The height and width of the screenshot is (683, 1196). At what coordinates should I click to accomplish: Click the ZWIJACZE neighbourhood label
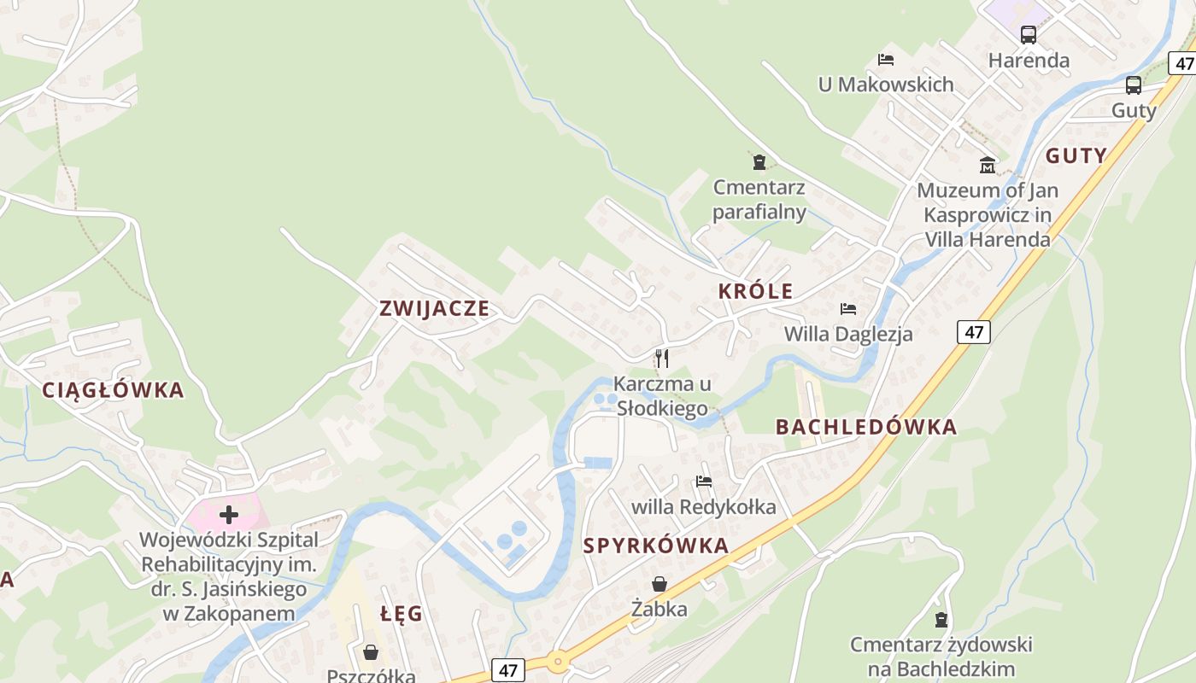tap(435, 308)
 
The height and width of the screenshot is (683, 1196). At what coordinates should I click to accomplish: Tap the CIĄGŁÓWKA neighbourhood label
tap(113, 390)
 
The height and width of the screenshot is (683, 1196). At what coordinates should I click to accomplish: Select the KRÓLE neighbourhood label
tap(755, 291)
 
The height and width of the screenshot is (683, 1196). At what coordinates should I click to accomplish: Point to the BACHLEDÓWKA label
tap(866, 427)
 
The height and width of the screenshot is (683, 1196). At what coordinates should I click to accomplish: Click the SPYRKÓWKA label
tap(656, 546)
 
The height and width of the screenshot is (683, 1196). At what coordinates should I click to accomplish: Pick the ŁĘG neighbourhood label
tap(402, 613)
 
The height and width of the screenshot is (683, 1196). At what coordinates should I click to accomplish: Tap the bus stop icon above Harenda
tap(1029, 35)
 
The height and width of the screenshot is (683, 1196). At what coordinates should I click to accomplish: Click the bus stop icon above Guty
tap(1134, 85)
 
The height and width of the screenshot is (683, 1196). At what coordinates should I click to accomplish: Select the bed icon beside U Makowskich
tap(886, 60)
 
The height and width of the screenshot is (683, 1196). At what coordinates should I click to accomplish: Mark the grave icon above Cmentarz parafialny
tap(759, 161)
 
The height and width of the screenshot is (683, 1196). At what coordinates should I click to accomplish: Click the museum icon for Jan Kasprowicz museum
tap(988, 165)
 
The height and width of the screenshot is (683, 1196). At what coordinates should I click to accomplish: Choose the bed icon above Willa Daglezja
tap(848, 308)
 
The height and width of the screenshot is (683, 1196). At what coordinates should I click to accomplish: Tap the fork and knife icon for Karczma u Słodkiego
tap(662, 358)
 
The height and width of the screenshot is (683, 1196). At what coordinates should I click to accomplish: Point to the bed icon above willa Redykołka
tap(704, 482)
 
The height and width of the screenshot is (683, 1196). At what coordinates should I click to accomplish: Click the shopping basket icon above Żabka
tap(660, 584)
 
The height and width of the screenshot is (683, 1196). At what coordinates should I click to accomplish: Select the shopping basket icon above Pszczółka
tap(371, 652)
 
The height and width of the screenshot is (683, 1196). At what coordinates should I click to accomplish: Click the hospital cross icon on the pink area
tap(229, 514)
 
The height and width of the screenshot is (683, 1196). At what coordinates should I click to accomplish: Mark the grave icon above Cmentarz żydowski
tap(941, 619)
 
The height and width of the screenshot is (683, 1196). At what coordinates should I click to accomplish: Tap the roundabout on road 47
tap(558, 660)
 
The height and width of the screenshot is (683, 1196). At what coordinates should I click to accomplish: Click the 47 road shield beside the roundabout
tap(507, 670)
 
